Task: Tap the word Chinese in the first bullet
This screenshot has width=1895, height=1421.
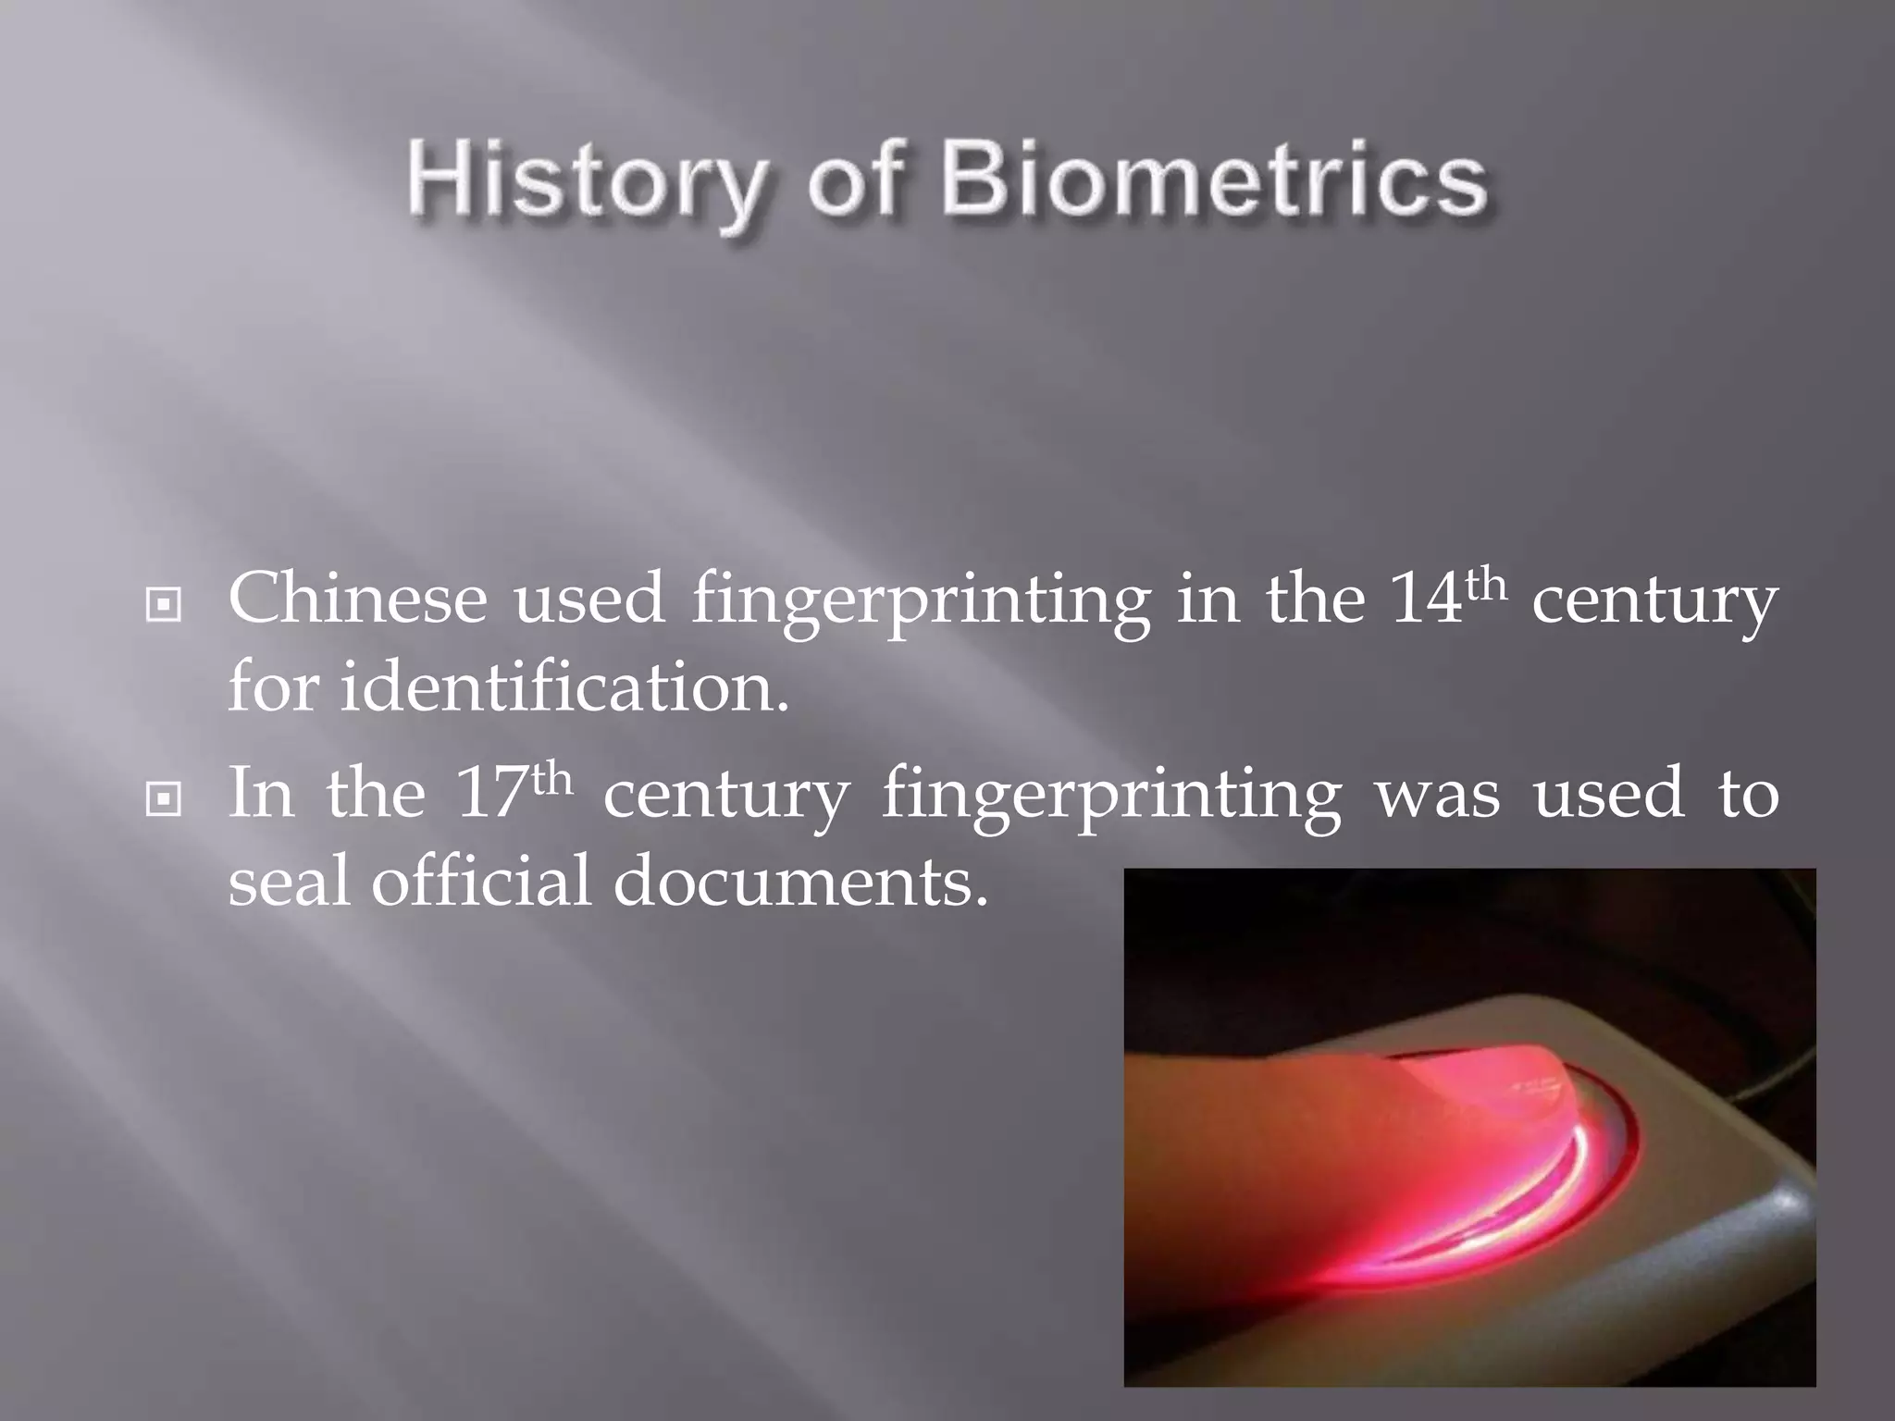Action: point(357,599)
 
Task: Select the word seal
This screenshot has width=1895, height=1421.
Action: point(288,880)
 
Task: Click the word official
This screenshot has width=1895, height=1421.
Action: point(480,880)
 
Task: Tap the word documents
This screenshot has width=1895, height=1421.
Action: point(800,882)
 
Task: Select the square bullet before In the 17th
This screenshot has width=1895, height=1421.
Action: point(164,799)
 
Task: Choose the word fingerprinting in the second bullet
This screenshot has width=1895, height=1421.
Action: point(1111,797)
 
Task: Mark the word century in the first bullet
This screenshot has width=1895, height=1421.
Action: point(1654,602)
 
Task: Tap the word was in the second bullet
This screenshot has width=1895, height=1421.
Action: point(1438,797)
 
